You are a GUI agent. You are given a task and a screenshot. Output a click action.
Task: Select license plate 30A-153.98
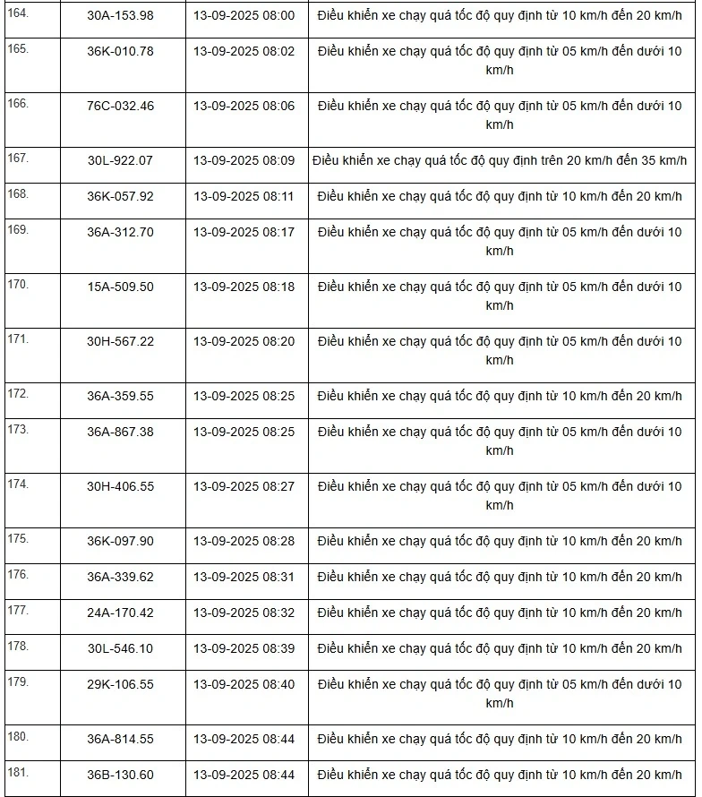[x=120, y=15]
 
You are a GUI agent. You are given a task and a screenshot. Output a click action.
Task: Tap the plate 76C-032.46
[x=120, y=106]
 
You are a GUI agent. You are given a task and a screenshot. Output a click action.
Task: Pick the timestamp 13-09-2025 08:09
[x=244, y=160]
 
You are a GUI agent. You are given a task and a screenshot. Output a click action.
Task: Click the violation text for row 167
[x=500, y=160]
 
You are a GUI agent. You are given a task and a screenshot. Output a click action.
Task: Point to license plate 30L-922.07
[x=120, y=160]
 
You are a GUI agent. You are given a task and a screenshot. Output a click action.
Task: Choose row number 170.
[x=18, y=284]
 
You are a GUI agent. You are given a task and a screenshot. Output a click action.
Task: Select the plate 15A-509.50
[x=120, y=287]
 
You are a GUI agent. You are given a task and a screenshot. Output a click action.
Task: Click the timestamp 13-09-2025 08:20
[x=244, y=341]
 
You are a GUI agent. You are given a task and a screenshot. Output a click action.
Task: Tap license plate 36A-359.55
[x=120, y=396]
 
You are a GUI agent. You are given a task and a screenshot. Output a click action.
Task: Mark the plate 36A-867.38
[x=120, y=432]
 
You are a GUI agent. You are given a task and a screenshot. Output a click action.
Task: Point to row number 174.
[x=18, y=484]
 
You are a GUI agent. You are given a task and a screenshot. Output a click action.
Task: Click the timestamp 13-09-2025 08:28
[x=244, y=541]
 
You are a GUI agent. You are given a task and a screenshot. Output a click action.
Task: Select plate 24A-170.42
[x=120, y=613]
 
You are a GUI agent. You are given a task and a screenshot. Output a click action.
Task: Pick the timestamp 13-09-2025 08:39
[x=244, y=648]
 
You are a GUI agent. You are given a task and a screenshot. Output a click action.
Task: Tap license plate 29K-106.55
[x=120, y=684]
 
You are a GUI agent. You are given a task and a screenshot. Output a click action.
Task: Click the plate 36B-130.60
[x=120, y=775]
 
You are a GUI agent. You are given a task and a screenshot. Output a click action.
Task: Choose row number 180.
[x=18, y=736]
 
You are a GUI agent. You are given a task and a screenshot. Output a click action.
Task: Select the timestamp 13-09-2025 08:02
[x=244, y=51]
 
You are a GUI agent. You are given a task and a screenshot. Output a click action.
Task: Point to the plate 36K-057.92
[x=120, y=196]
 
